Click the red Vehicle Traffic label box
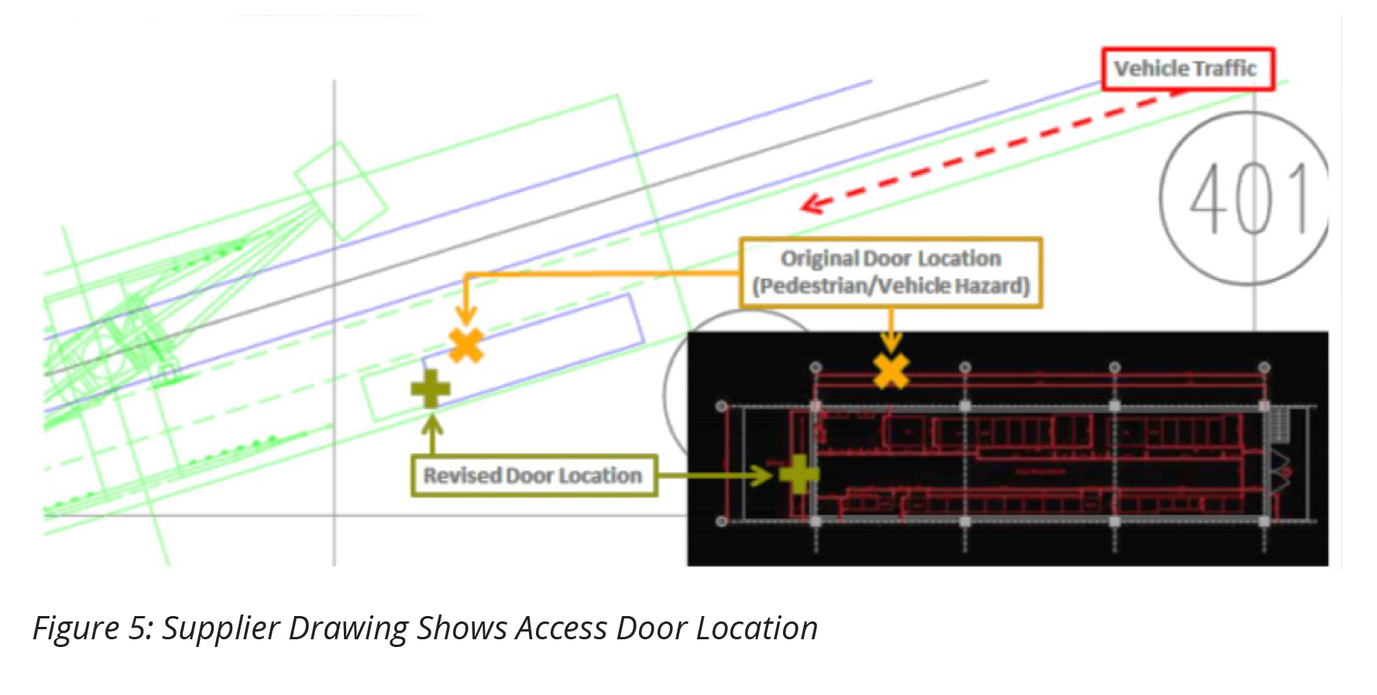pos(1187,69)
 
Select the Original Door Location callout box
pos(891,272)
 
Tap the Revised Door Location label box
pos(534,475)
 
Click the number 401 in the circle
pos(1248,199)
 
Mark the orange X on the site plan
pos(466,345)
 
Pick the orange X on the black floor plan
pos(891,371)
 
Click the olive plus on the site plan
pos(431,389)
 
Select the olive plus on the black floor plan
pos(798,474)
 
